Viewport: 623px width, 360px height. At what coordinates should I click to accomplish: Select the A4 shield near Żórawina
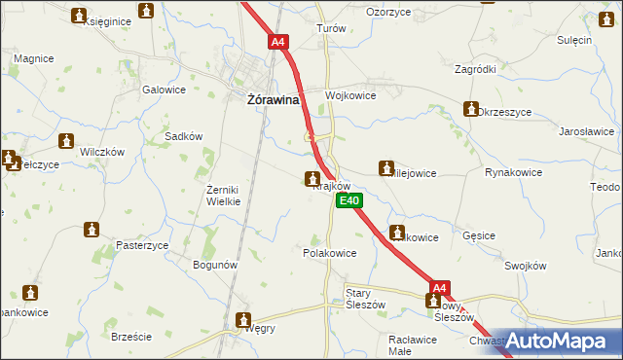[x=278, y=42]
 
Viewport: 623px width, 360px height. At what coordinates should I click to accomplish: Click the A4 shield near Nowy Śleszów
[x=440, y=288]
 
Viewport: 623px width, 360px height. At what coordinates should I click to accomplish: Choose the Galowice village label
[x=164, y=90]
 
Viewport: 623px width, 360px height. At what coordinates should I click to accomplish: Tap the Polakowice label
[x=330, y=252]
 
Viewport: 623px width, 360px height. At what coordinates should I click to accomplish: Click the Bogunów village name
[x=215, y=265]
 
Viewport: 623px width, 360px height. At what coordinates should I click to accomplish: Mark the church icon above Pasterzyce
[x=92, y=230]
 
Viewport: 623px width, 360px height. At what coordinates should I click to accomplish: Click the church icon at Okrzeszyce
[x=472, y=109]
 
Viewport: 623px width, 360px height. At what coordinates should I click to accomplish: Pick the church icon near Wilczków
[x=67, y=142]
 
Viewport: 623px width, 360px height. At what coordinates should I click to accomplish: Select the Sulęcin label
[x=574, y=40]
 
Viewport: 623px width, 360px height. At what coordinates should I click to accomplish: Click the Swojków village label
[x=529, y=265]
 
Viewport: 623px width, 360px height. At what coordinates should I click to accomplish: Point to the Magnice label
[x=33, y=58]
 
